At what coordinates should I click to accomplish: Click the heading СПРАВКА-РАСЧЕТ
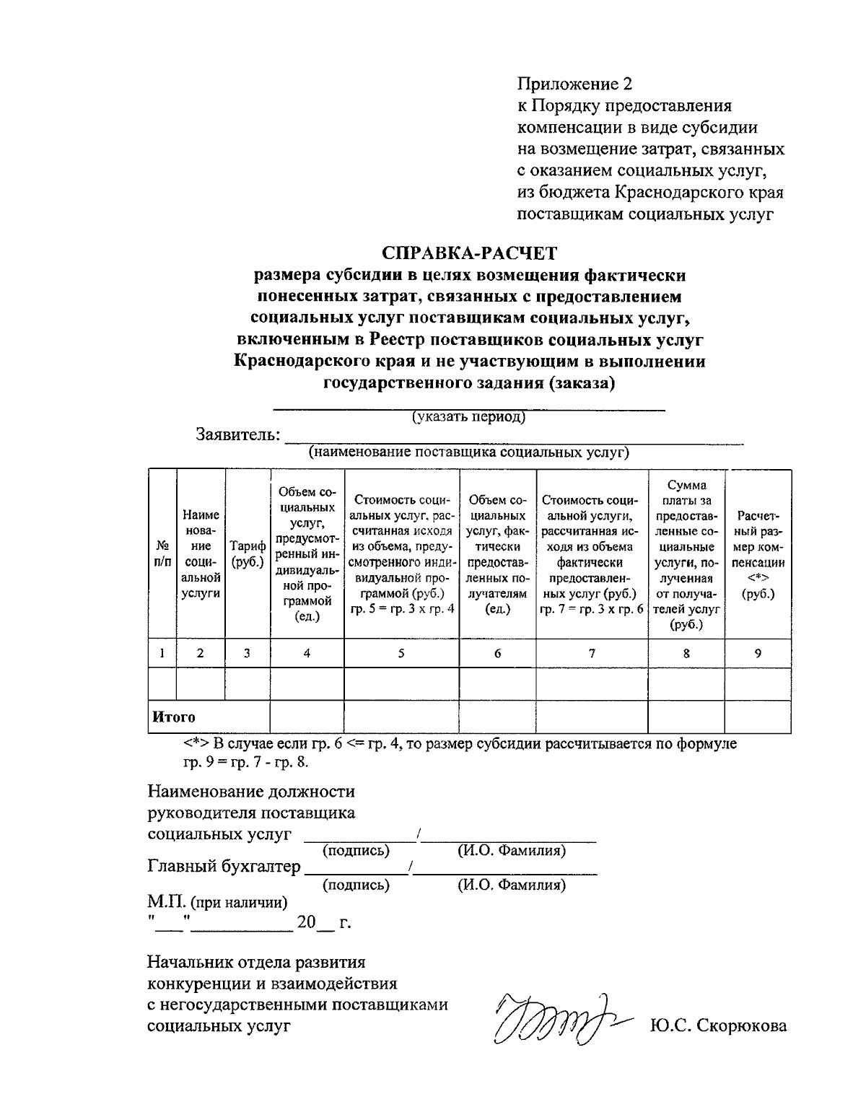pos(469,253)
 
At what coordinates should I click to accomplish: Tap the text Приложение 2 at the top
pos(574,84)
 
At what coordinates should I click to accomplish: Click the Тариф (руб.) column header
pos(248,554)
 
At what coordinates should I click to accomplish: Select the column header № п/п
pos(162,554)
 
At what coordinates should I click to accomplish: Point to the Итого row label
pos(174,717)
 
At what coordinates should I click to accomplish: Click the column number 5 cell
pos(401,653)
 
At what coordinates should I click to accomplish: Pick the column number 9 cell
pos(757,653)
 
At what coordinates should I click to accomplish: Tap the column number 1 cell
pos(162,653)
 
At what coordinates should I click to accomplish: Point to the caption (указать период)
pos(468,417)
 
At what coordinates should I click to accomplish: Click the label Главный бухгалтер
pos(224,866)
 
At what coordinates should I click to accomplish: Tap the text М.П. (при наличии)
pos(217,901)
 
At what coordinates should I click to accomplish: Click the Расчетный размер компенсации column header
pos(757,554)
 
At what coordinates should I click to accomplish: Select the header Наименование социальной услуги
pos(201,554)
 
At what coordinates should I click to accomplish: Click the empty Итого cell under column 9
pos(757,717)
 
